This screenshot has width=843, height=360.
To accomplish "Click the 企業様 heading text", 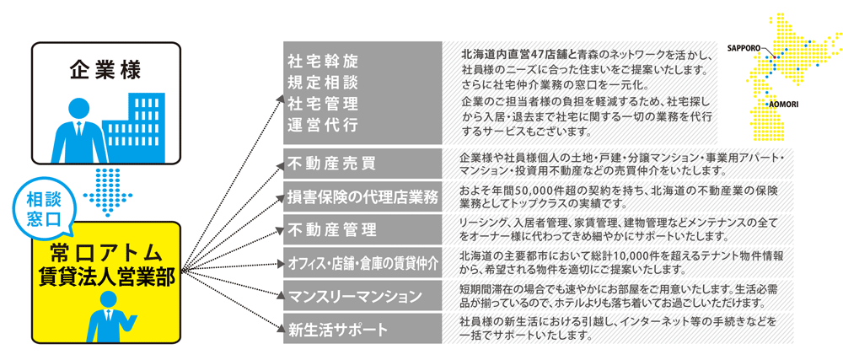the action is coord(105,70).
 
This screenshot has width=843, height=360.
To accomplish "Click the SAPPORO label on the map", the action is coord(744,47).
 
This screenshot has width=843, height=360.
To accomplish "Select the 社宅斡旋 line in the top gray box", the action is coord(323,60).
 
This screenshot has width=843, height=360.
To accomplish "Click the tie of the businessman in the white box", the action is coord(79,129).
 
